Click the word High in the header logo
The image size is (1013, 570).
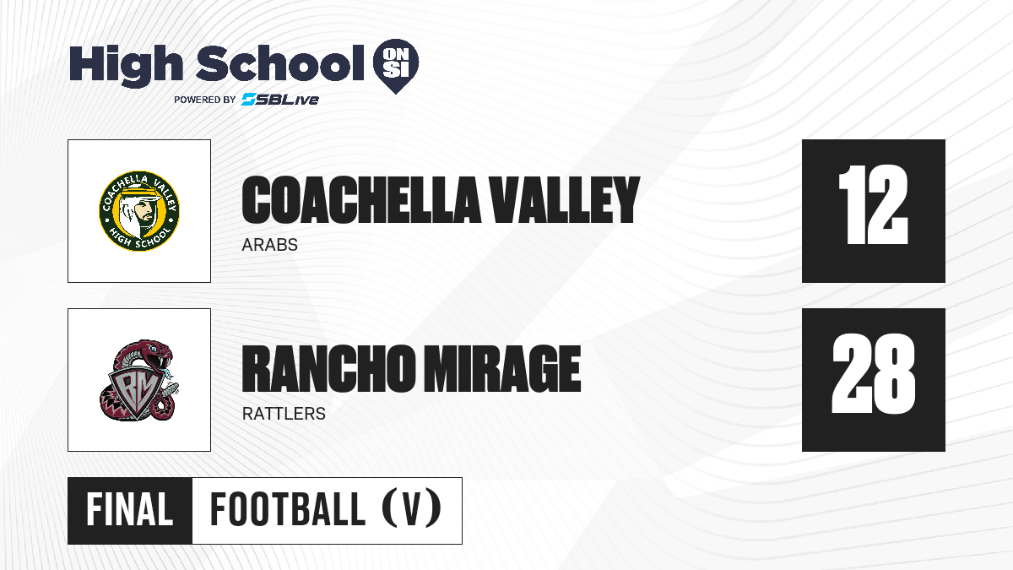click(x=126, y=65)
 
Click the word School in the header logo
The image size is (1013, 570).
click(x=280, y=63)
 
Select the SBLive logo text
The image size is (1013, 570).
click(x=280, y=99)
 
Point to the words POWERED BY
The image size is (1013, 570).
click(x=205, y=100)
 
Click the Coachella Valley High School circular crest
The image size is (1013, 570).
click(x=139, y=211)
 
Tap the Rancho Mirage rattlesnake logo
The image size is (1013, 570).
click(x=139, y=380)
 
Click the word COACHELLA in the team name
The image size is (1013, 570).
click(x=361, y=199)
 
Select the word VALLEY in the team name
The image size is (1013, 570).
click(x=566, y=199)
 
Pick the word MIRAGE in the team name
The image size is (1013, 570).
click(x=502, y=368)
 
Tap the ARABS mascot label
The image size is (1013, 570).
click(x=269, y=245)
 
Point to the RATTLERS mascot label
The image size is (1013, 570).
click(x=284, y=414)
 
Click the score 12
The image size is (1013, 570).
click(x=873, y=204)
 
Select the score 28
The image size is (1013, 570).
click(x=873, y=373)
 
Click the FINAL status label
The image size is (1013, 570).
click(x=130, y=510)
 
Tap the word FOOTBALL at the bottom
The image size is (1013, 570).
click(x=288, y=510)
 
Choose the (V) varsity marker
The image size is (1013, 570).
click(x=412, y=509)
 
